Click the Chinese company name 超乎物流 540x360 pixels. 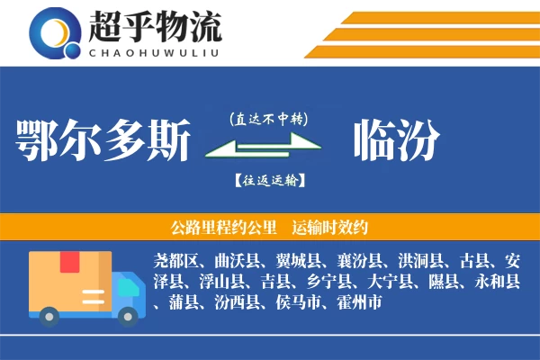click(x=154, y=27)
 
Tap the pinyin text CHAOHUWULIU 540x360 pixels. click(x=154, y=50)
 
